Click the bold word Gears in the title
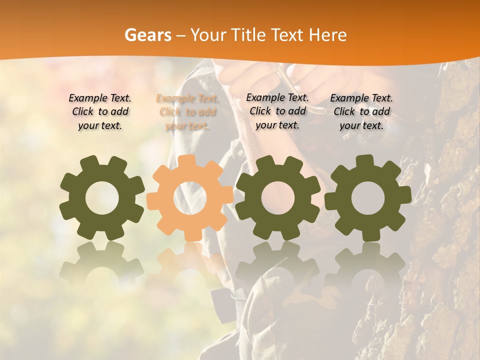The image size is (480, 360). (147, 35)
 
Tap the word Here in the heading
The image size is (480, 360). (328, 35)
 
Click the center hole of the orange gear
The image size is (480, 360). (190, 198)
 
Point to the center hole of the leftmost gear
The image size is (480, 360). (102, 198)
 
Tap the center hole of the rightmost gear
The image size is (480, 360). (367, 198)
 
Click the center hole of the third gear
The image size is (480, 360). (278, 198)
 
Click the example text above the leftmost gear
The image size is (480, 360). (99, 112)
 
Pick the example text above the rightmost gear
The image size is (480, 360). (361, 112)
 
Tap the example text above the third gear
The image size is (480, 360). (277, 111)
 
